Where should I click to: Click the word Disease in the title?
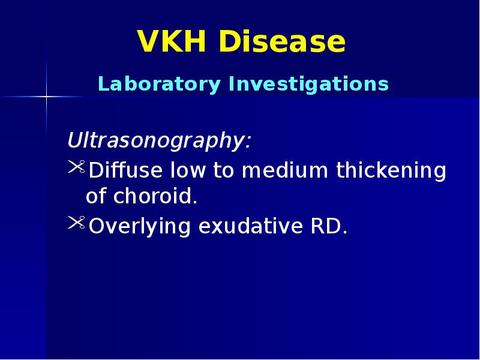tap(281, 43)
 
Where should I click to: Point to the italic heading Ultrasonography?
tap(159, 142)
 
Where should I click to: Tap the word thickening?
tap(391, 171)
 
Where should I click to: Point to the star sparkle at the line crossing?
tap(47, 96)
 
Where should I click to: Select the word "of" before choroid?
tap(95, 197)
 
